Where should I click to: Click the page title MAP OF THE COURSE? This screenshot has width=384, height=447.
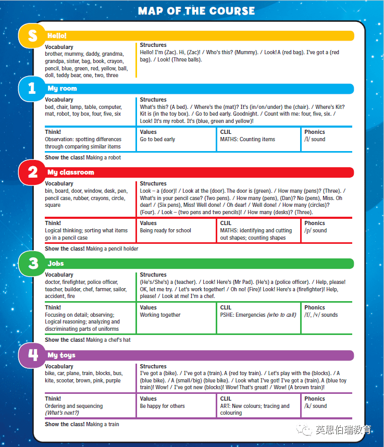coord(196,11)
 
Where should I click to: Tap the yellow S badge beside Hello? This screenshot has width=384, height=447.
coord(32,35)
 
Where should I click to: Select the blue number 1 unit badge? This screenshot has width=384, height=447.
coord(32,89)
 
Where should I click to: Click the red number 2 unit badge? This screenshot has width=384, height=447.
coord(32,172)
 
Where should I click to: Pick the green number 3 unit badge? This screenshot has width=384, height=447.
coord(32,264)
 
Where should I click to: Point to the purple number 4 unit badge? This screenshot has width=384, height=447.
coord(32,355)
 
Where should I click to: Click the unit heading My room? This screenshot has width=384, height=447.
coord(62,89)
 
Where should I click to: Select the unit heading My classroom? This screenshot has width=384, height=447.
coord(71,172)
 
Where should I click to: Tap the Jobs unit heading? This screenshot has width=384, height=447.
coord(56,264)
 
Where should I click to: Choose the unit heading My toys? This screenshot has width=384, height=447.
coord(61,355)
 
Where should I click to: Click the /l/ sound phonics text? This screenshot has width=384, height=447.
coord(315,140)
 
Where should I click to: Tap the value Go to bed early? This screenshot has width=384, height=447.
coord(157,140)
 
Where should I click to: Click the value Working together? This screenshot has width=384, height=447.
coord(160,315)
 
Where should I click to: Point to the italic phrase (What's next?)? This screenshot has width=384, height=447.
coord(62,413)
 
